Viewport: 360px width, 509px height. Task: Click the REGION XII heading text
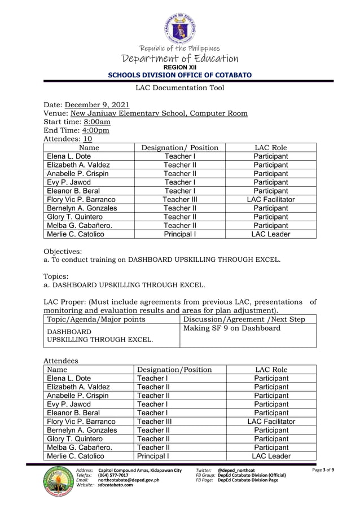[x=180, y=67]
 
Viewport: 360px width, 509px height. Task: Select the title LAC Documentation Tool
[x=180, y=87]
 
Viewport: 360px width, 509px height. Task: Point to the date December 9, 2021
[x=97, y=105]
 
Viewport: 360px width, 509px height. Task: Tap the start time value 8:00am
[x=97, y=122]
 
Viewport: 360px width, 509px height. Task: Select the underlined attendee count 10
[x=87, y=139]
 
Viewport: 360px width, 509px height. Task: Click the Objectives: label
[x=63, y=251]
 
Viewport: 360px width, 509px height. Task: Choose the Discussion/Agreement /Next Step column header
[x=244, y=319]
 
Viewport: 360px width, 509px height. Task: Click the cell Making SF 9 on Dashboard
[x=232, y=328]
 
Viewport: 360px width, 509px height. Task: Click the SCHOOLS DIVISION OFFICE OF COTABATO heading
[x=180, y=75]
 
